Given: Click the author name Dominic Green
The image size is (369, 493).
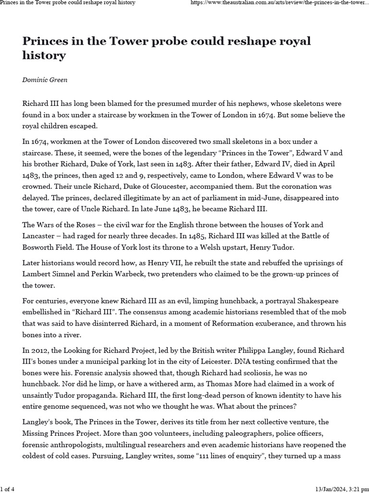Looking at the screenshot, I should (x=45, y=79).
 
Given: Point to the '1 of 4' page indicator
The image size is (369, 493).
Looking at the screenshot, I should (x=8, y=489).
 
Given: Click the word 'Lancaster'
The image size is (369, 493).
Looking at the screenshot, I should (x=41, y=236).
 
